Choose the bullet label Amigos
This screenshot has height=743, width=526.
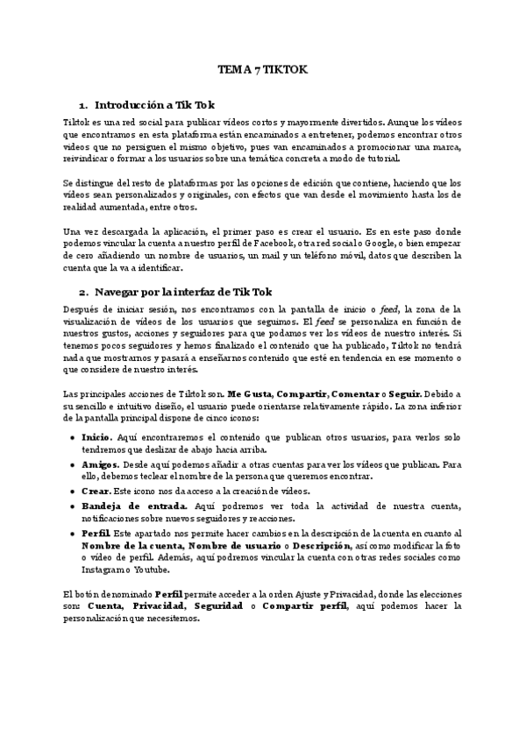tap(102, 464)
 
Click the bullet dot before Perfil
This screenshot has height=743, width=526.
tap(73, 534)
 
